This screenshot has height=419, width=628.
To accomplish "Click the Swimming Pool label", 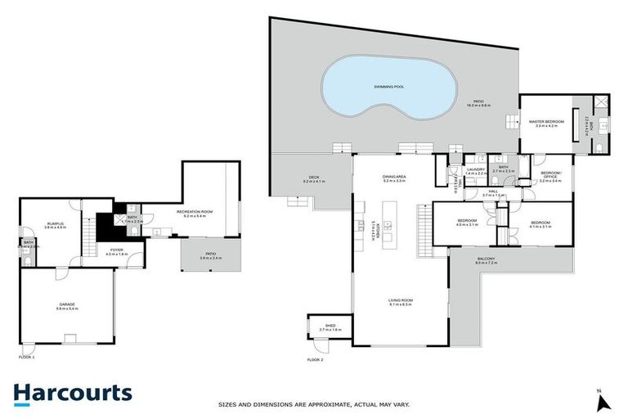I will click(388, 86).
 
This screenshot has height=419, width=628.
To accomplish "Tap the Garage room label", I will click(66, 304).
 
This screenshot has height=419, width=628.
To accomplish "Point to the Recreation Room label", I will click(195, 213).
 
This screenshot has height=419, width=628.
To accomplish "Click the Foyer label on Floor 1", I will click(117, 250).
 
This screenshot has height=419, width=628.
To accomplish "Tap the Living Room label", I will click(400, 301).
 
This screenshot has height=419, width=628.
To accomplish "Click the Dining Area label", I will click(394, 178).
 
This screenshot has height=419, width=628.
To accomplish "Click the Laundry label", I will click(476, 169).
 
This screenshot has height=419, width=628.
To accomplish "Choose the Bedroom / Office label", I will click(550, 175).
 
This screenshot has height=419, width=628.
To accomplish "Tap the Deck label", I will click(313, 177).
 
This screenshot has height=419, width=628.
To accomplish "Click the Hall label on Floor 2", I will click(494, 193).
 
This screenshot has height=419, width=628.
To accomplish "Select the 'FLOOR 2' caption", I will click(316, 359).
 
